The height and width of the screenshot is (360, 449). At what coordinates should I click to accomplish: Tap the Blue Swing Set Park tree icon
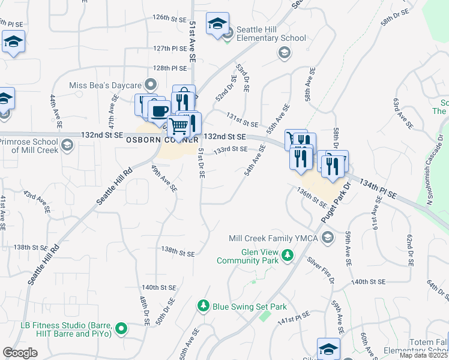pos(203,307)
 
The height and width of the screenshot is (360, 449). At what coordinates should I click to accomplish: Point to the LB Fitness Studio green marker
pos(122,328)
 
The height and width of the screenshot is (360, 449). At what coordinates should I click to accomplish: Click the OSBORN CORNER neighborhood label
pos(163,139)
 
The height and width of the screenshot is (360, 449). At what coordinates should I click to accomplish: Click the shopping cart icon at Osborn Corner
pos(178,126)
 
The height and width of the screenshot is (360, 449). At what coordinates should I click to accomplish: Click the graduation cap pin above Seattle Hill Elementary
pos(217,24)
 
